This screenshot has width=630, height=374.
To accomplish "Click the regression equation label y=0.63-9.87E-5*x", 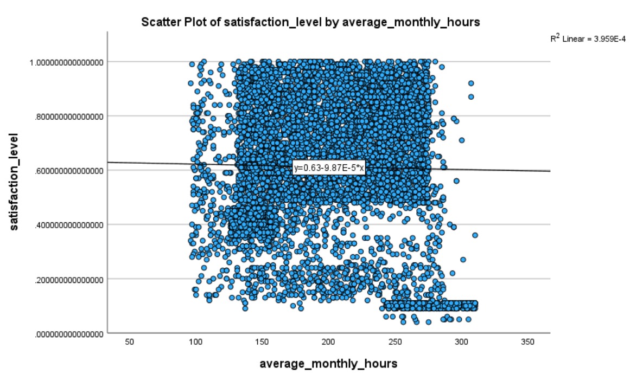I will click(x=329, y=168).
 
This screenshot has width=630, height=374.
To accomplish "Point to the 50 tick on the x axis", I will click(x=129, y=343).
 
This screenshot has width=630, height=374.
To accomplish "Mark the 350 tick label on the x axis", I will click(x=528, y=343).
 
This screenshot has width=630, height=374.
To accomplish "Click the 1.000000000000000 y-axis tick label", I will click(x=68, y=62).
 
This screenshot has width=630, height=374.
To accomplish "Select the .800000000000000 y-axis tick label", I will click(x=68, y=116).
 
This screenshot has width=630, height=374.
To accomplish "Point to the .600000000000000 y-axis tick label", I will click(x=68, y=171).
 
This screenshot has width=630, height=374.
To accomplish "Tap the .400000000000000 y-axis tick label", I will click(x=68, y=225).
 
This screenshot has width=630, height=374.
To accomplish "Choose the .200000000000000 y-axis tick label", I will click(x=68, y=280).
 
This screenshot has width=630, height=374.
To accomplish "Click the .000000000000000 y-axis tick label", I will click(x=68, y=334).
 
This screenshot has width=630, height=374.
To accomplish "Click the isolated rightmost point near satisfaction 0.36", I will click(x=475, y=235).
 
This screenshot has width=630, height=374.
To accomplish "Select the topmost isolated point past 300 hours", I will click(x=471, y=83).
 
